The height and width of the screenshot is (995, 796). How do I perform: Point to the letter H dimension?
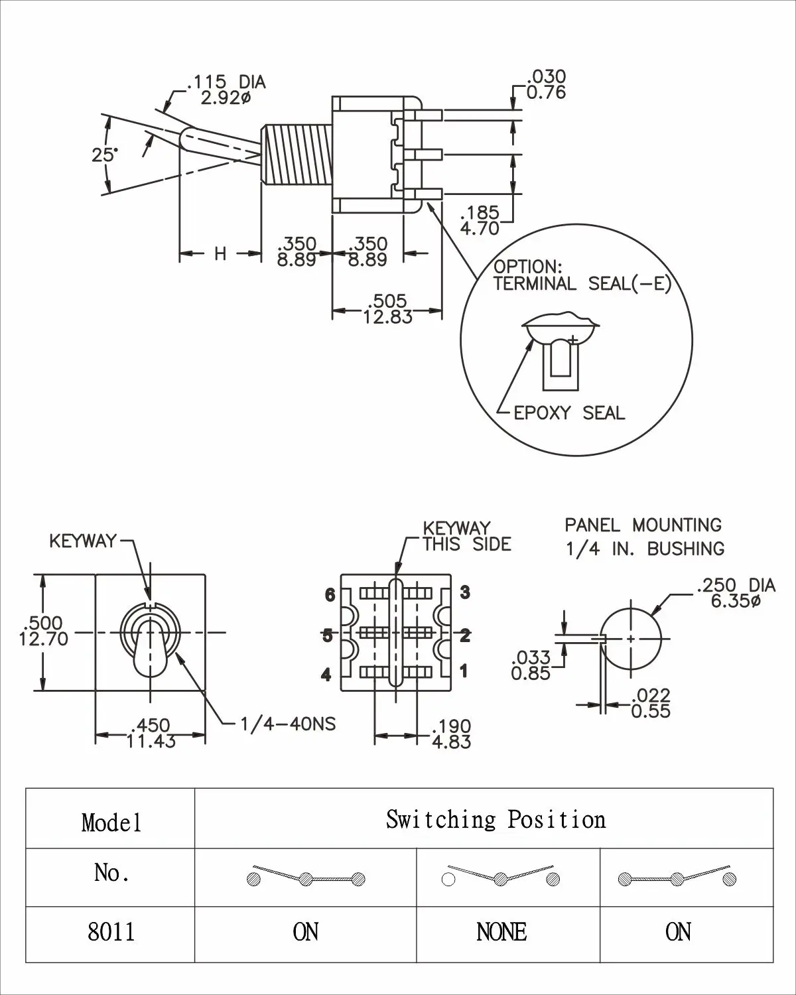point(220,253)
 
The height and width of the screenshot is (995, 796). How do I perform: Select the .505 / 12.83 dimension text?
point(387,309)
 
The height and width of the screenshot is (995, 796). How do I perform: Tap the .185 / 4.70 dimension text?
point(480,221)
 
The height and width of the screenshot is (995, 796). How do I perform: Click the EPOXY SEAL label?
point(569,413)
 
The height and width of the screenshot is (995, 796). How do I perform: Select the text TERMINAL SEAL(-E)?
point(582,284)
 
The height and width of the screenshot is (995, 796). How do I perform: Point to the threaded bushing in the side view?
point(297,154)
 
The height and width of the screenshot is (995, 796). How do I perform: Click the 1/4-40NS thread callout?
point(288,724)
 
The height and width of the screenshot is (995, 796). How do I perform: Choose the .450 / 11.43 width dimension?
point(151,733)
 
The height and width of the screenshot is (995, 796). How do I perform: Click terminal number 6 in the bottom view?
point(330,595)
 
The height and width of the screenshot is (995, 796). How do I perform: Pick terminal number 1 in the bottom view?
point(464,671)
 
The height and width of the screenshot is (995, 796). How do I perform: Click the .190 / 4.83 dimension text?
point(451,734)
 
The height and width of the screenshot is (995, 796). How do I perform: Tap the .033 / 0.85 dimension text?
point(531,665)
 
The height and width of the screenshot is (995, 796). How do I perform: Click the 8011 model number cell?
point(111,933)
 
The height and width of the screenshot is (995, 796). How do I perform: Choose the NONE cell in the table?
point(501,933)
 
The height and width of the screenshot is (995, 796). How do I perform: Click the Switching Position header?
point(496,820)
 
